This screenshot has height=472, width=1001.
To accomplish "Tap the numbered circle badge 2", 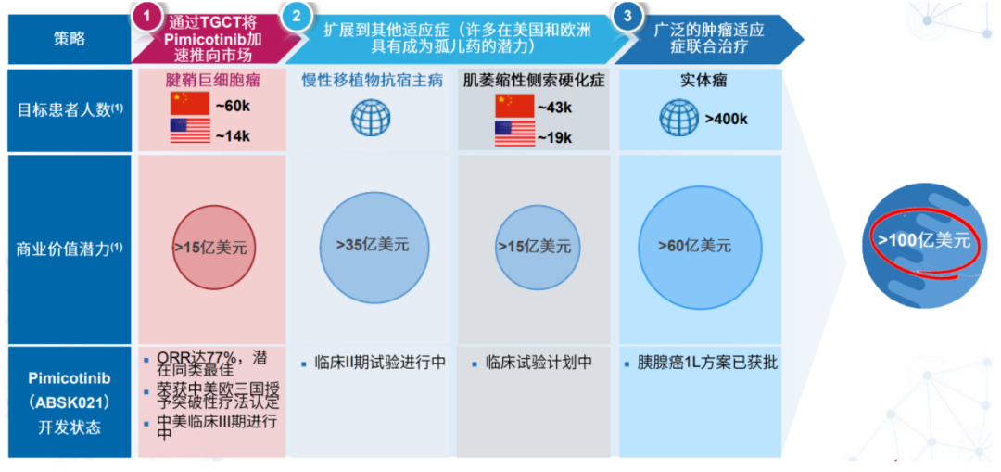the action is [297, 17].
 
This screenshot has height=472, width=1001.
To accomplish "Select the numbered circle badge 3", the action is [627, 17].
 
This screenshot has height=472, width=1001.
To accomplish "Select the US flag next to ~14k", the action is [190, 131].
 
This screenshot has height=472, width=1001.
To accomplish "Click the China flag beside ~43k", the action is [514, 106].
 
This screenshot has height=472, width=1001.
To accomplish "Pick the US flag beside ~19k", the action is [514, 133].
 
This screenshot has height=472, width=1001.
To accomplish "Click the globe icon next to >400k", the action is [678, 118].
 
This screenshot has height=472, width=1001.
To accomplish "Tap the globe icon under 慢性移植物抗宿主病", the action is [371, 116].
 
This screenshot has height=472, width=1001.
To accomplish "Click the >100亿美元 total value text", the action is [924, 241].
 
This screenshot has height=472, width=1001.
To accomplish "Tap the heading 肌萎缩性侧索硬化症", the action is [534, 82].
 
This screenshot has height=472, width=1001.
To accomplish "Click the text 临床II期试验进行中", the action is [380, 364].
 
